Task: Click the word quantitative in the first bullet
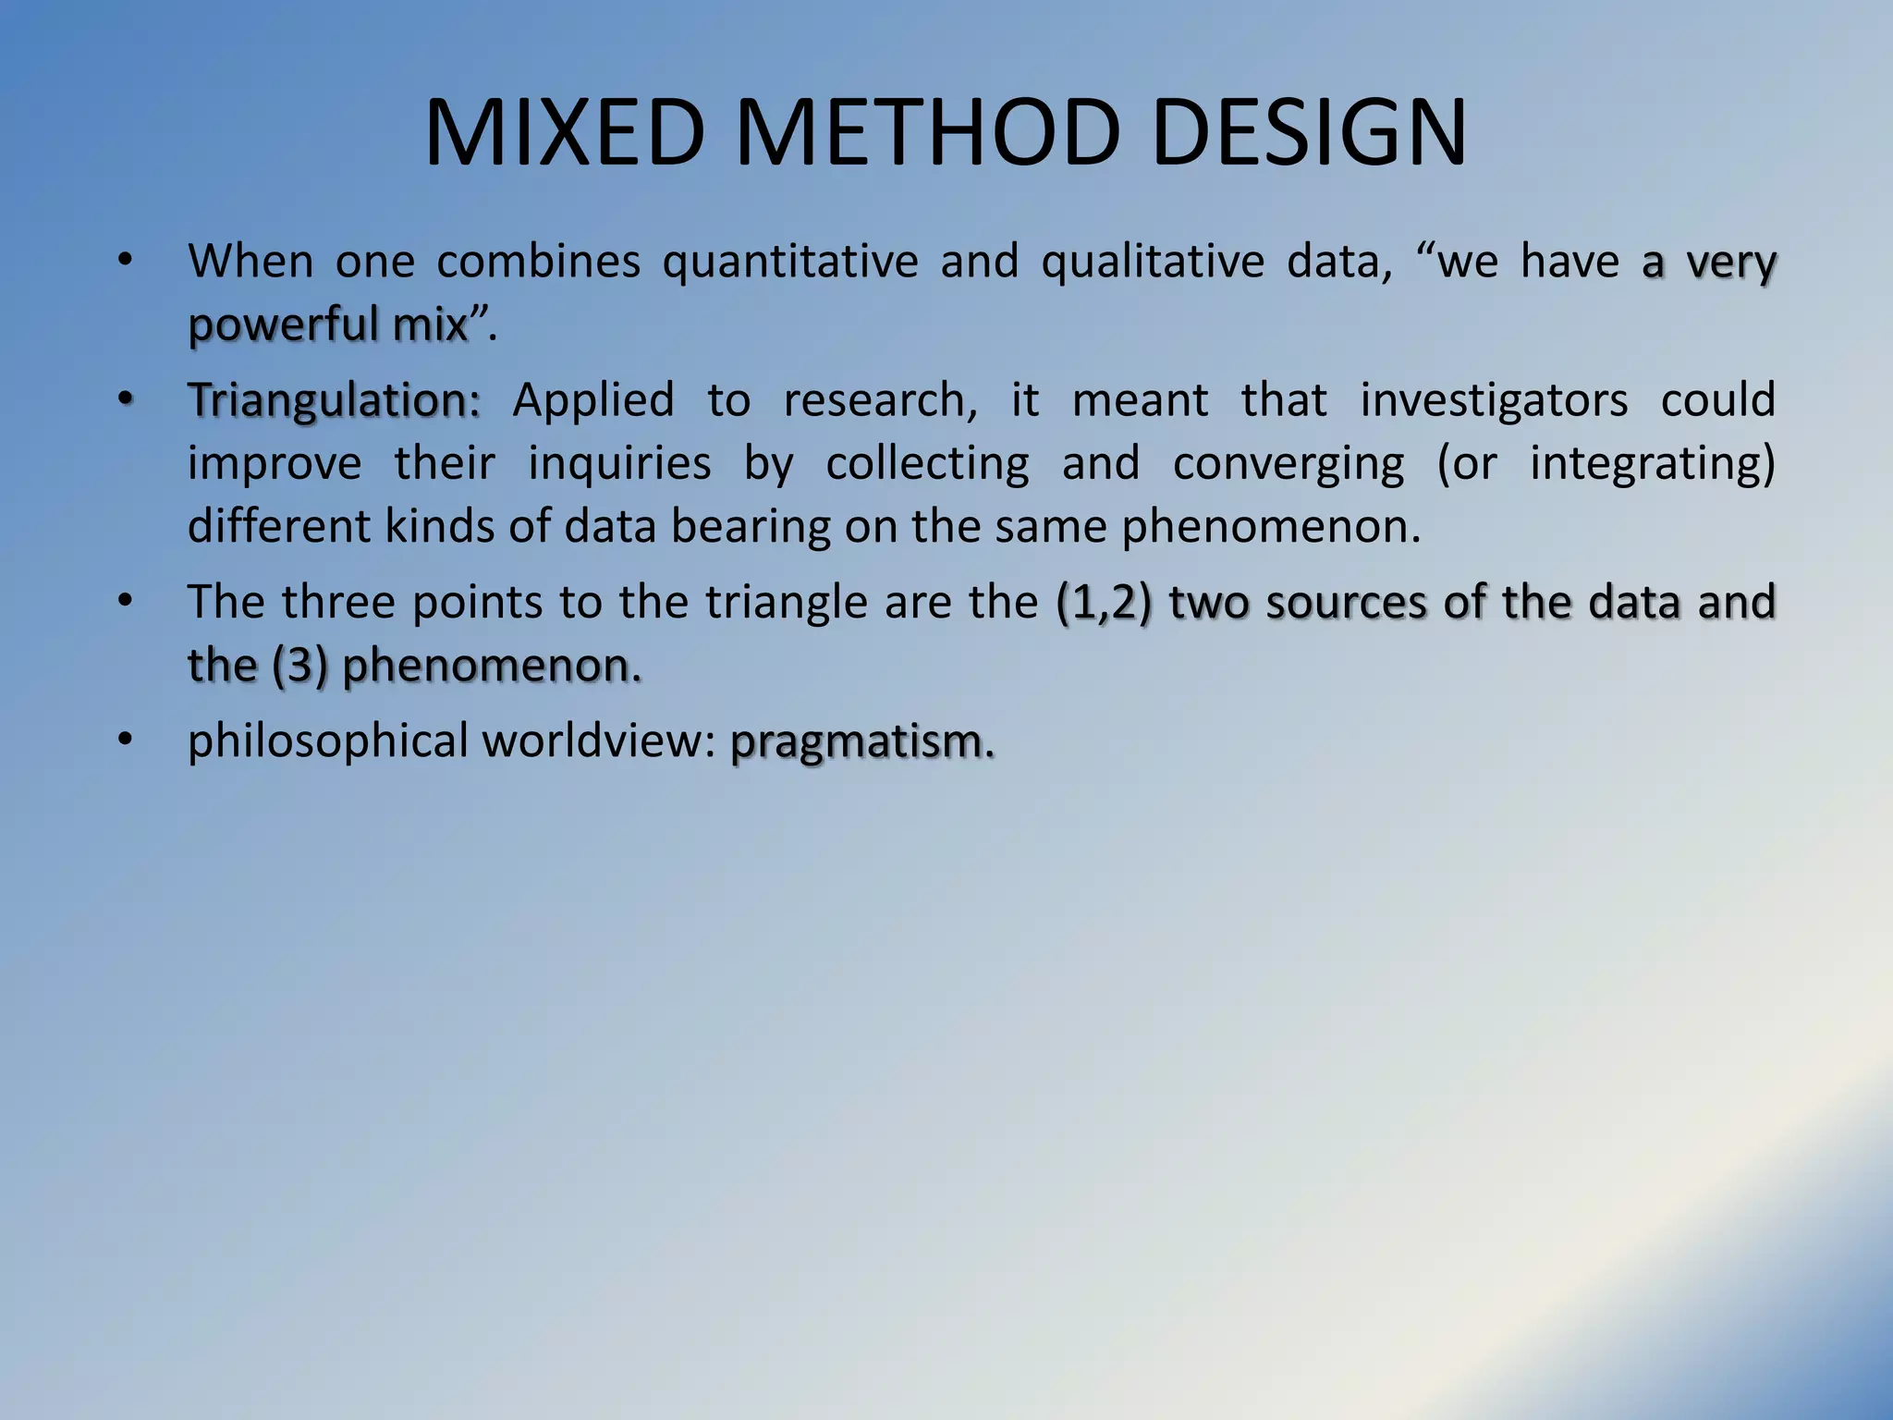(x=790, y=263)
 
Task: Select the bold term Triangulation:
(x=334, y=401)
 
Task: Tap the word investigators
(x=1493, y=401)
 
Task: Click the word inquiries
(x=618, y=463)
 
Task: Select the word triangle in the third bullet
(x=788, y=603)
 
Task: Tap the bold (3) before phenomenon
(x=299, y=666)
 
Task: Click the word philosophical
(x=328, y=742)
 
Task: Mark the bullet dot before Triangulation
(x=126, y=399)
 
